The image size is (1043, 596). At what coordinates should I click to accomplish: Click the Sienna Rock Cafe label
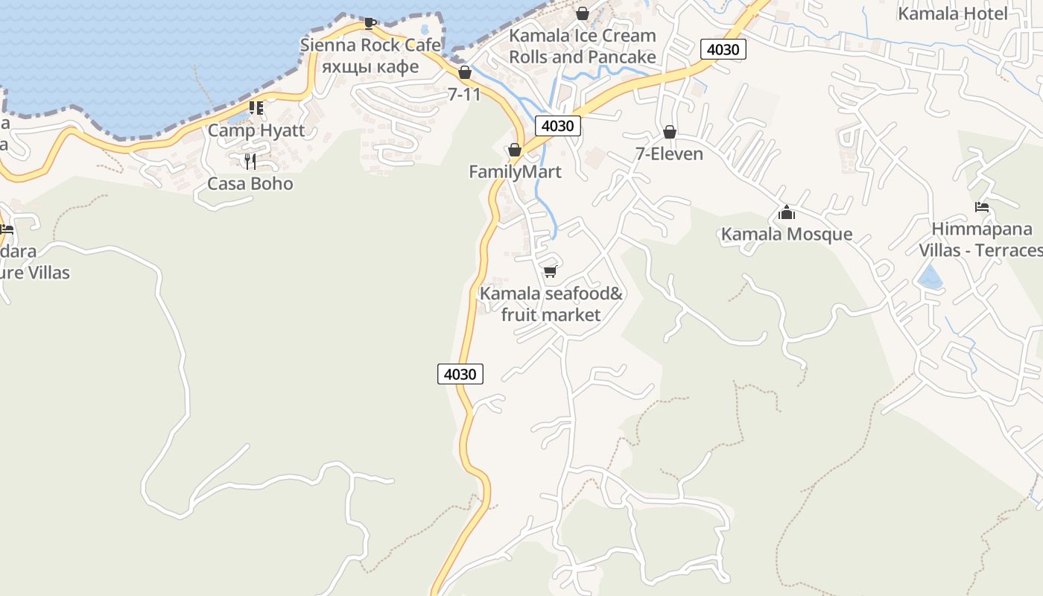tap(370, 45)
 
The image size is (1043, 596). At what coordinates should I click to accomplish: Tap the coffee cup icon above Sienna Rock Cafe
tap(370, 23)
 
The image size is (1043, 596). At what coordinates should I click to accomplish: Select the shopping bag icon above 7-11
tap(465, 72)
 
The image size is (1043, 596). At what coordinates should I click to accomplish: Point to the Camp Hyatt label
tap(256, 130)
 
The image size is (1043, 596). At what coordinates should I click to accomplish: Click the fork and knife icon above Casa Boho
tap(250, 161)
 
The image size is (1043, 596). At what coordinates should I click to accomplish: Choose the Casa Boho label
tap(250, 183)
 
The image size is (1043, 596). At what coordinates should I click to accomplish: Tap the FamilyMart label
tap(515, 171)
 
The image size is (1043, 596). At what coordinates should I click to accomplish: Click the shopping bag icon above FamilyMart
tap(514, 150)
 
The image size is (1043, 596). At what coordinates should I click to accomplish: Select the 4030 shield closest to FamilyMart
tap(557, 126)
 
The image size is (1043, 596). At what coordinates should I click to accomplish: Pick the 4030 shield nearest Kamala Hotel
tap(723, 50)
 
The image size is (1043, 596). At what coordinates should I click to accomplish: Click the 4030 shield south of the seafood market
tap(460, 374)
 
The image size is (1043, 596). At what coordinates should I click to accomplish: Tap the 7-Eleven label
tap(669, 153)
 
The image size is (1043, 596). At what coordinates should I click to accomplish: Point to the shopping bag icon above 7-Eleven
tap(670, 133)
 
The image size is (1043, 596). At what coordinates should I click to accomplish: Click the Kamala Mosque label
tap(787, 234)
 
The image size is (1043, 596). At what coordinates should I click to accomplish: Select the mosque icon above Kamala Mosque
tap(787, 213)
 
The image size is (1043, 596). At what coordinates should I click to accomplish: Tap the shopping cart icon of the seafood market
tap(551, 271)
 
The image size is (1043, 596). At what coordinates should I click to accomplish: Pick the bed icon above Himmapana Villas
tap(982, 207)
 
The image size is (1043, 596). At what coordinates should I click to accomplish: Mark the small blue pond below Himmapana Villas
tap(928, 279)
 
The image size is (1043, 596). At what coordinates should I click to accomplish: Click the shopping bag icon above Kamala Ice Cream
tap(583, 13)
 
